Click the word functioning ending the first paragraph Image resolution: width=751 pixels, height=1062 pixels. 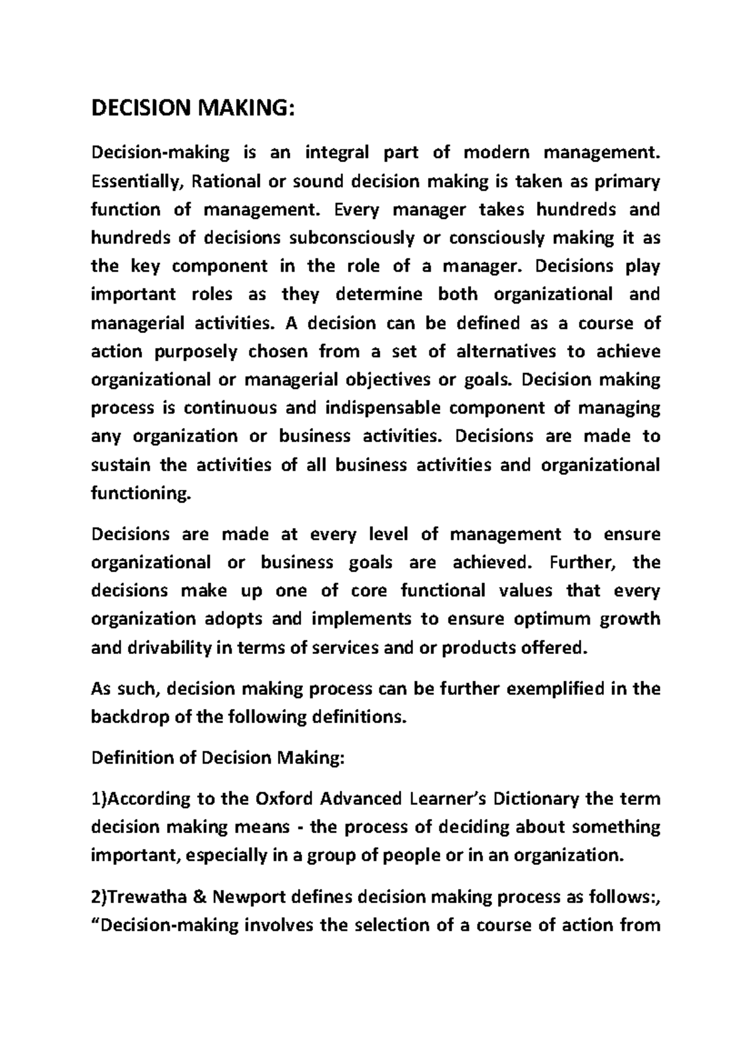point(139,494)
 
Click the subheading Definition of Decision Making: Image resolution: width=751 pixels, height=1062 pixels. point(218,758)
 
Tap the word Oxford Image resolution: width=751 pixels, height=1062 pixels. point(285,799)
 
